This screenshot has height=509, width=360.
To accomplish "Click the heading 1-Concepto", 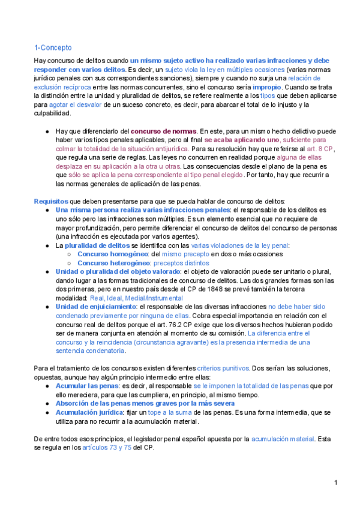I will click(55, 47).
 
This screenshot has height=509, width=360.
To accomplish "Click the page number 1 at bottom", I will click(336, 483).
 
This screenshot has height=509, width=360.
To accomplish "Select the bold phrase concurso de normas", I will click(164, 131).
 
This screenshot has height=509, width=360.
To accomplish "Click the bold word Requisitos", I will click(51, 200).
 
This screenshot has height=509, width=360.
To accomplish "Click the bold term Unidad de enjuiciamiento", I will click(96, 307).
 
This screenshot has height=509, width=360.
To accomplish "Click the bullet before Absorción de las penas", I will click(47, 404).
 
